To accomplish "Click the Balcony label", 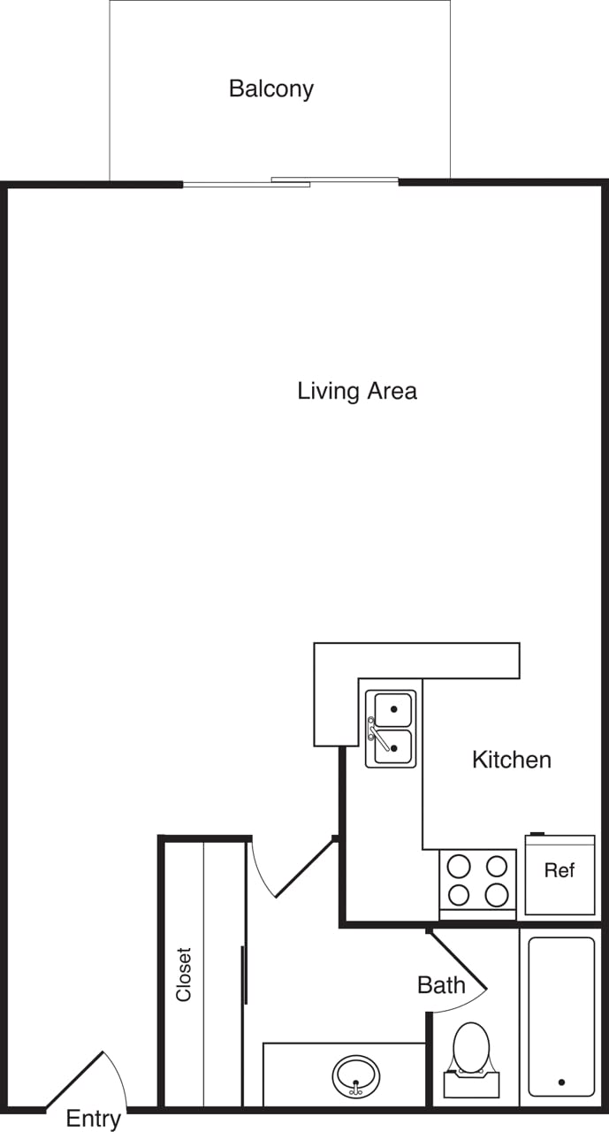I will point(270,88).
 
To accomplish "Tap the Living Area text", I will point(356,390).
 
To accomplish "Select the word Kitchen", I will point(511,759).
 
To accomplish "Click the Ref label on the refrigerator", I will point(559,870).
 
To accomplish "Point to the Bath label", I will point(441,984).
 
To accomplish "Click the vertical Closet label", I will point(184,975).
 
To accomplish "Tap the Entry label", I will point(93,1119).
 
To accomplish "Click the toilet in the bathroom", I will point(471,1048).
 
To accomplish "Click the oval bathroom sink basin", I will point(356,1075).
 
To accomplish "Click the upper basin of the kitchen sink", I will point(392,709).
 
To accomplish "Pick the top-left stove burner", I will point(459,866).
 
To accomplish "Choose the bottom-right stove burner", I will point(497,895).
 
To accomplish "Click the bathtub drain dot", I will point(561,1082).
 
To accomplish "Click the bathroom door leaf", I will point(457,959).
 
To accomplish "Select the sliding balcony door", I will point(291,183).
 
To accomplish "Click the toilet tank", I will point(471,1084).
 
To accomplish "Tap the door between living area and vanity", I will point(305,868).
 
